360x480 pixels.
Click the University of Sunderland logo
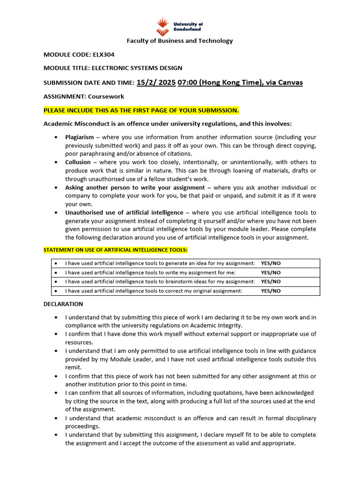[x=180, y=26]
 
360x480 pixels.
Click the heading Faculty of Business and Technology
[x=180, y=41]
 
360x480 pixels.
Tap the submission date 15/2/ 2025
[x=156, y=82]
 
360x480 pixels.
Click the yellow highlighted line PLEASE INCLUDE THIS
[x=141, y=111]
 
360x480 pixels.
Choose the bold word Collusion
[x=78, y=162]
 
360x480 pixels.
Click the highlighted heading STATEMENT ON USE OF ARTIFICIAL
[x=115, y=250]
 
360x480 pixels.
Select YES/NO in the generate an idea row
[x=271, y=263]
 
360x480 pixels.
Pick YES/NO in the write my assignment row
[x=271, y=272]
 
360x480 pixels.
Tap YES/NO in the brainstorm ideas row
[x=271, y=282]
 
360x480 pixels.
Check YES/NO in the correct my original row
[x=271, y=291]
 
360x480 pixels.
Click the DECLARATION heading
[x=63, y=304]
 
